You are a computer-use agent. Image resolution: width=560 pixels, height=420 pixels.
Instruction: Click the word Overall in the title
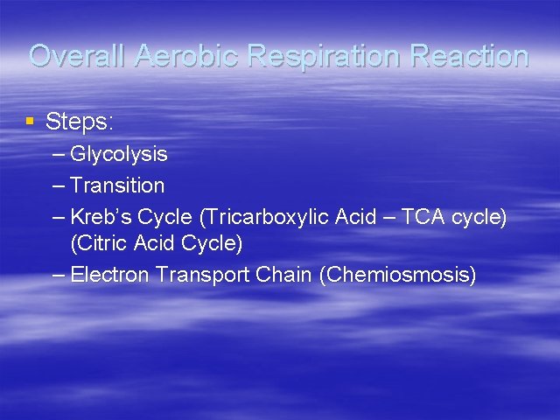pos(78,56)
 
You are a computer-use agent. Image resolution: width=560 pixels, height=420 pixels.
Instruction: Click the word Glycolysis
pos(119,155)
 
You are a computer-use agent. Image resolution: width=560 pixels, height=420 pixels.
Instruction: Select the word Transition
pos(117,185)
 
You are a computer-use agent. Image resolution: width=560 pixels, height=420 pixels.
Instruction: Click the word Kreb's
pos(98,216)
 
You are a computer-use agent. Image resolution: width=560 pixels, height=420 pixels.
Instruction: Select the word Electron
pos(110,275)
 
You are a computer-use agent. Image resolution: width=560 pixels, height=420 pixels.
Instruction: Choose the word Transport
pos(203,275)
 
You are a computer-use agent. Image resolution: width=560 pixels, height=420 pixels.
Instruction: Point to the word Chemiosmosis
pos(398,275)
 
